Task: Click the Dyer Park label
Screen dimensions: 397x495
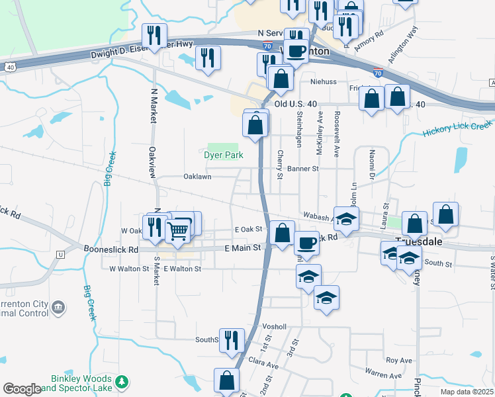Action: coord(223,155)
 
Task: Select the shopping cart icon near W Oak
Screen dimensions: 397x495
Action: coord(178,230)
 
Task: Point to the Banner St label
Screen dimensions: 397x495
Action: coord(303,169)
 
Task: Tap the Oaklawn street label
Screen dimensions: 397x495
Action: coord(197,177)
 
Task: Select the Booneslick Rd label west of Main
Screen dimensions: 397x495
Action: coord(111,250)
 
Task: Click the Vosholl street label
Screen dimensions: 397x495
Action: coord(275,327)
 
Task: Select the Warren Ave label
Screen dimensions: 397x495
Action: coord(383,375)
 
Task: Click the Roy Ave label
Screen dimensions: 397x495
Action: coord(399,361)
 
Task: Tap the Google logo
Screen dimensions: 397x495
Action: coord(22,389)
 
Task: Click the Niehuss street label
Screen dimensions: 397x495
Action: coord(324,83)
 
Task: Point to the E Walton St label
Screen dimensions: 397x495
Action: coord(182,269)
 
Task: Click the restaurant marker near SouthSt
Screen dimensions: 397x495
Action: coord(231,340)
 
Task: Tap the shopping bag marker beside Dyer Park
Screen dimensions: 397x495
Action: coord(255,124)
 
